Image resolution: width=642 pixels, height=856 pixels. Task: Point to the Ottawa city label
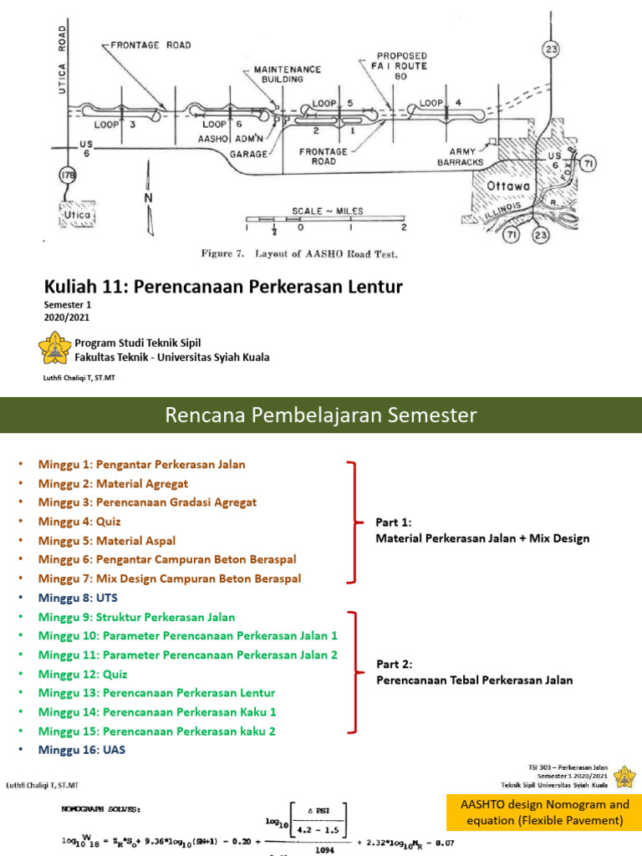501,184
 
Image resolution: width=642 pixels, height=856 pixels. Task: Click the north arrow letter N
149,198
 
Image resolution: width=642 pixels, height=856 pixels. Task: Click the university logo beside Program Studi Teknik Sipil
54,349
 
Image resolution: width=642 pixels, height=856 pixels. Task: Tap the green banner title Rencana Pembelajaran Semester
320,415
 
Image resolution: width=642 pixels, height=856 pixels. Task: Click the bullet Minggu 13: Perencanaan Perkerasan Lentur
156,693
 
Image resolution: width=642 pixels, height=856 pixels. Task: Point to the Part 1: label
395,522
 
